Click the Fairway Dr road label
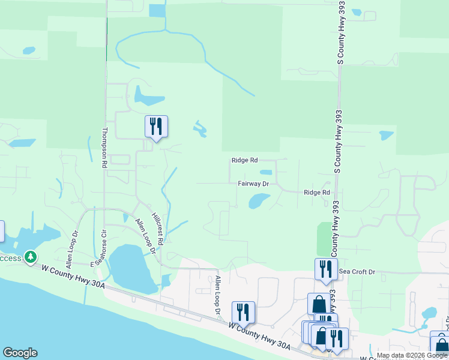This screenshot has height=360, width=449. click(x=253, y=184)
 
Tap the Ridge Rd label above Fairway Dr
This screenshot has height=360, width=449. click(x=244, y=160)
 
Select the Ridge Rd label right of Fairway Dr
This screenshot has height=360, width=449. click(x=317, y=193)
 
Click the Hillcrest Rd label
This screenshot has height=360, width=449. click(x=157, y=228)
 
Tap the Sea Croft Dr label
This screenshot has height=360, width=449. click(x=357, y=272)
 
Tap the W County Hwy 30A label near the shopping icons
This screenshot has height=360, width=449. click(x=259, y=336)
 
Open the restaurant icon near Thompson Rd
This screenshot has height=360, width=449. click(x=156, y=127)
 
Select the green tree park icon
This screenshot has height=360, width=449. click(x=30, y=258)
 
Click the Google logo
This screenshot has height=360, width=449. click(x=20, y=353)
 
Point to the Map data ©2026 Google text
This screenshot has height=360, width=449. click(x=412, y=355)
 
